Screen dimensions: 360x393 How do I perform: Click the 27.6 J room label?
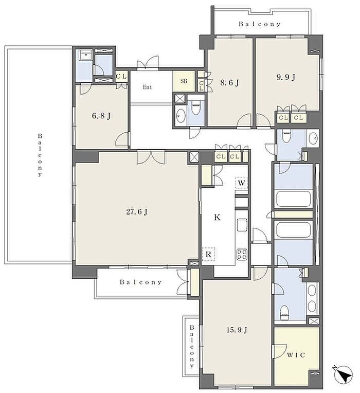[x=137, y=212]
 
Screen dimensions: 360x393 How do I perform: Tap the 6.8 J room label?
[x=101, y=116]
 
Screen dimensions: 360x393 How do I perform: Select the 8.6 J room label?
[x=229, y=82]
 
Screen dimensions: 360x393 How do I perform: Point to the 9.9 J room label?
[x=286, y=77]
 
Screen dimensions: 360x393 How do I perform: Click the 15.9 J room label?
[x=237, y=330]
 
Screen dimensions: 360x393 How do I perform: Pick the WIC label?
[x=296, y=355]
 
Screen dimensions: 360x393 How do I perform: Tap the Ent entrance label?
[x=147, y=87]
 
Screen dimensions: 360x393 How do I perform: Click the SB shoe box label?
[x=184, y=81]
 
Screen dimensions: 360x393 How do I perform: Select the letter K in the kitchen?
[x=217, y=217]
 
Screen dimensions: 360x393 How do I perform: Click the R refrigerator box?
[x=208, y=254]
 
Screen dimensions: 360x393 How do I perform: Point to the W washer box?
[x=242, y=183]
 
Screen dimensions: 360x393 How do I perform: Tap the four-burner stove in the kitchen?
[x=242, y=254]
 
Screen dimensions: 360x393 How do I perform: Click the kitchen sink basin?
[x=242, y=225]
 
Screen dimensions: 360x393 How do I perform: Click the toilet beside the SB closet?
[x=194, y=108]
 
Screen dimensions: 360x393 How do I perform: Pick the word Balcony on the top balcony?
[x=260, y=24]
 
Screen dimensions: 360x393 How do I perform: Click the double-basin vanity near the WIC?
[x=312, y=298]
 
